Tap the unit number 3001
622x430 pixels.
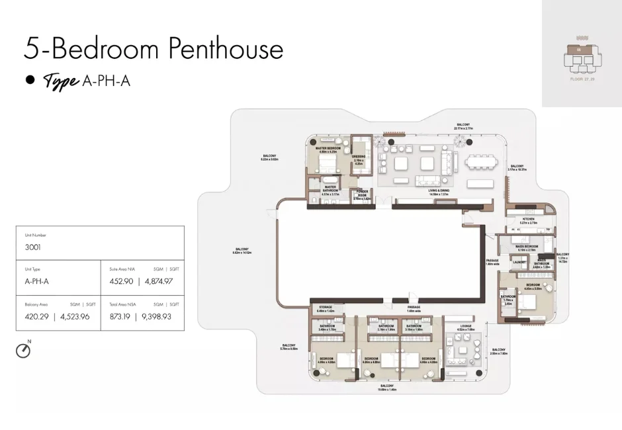[x=34, y=247]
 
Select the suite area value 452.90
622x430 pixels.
[x=122, y=281]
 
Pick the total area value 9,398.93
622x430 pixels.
[x=157, y=316]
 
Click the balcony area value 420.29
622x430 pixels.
[x=37, y=316]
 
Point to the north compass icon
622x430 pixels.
[x=23, y=350]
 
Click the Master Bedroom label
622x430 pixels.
[x=329, y=148]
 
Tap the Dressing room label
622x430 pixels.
[x=359, y=157]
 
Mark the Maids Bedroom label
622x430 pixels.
[x=527, y=246]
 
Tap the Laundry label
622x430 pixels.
[x=519, y=262]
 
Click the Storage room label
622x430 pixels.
[x=326, y=307]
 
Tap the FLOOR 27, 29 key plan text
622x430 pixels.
[x=582, y=79]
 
